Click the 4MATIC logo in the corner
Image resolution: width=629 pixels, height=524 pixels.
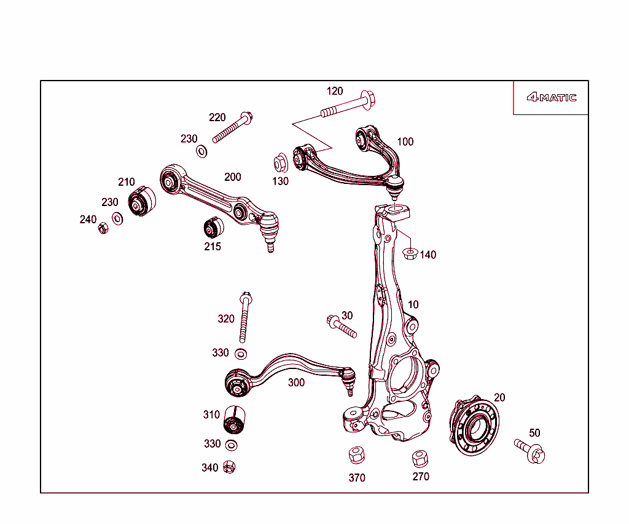(x=551, y=97)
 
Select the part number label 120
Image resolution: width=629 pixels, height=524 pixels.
(x=335, y=92)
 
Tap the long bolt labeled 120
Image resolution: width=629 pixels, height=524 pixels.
(x=348, y=105)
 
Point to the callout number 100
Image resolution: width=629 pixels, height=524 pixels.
(x=405, y=141)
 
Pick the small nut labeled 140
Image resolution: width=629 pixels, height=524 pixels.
(x=409, y=252)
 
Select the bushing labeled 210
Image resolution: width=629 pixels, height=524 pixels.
(x=142, y=201)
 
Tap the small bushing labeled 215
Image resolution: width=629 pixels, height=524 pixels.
(x=213, y=228)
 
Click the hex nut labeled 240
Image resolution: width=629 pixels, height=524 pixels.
(x=103, y=229)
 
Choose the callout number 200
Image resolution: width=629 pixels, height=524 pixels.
(x=232, y=177)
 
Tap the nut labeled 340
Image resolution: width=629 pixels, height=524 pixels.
(x=229, y=467)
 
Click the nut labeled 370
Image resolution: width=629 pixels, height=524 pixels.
(x=356, y=456)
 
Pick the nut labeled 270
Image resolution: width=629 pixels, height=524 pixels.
(x=420, y=458)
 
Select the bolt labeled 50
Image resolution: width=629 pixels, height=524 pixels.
(x=530, y=450)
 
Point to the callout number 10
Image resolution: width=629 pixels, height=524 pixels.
(x=413, y=304)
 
